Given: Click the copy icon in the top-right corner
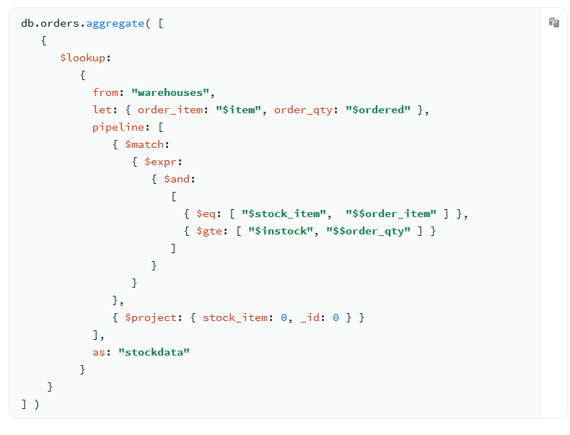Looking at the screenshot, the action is pyautogui.click(x=553, y=22).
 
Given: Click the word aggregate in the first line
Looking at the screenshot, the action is pyautogui.click(x=115, y=23).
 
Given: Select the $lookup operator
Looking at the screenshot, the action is pyautogui.click(x=83, y=58).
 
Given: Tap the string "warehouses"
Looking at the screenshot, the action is pyautogui.click(x=173, y=92).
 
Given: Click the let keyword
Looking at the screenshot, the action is pyautogui.click(x=102, y=110).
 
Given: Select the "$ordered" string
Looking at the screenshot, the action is pyautogui.click(x=378, y=110).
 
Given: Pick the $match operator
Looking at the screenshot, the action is pyautogui.click(x=145, y=144).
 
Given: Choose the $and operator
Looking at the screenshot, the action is pyautogui.click(x=180, y=179).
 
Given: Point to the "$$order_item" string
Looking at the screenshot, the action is pyautogui.click(x=391, y=214).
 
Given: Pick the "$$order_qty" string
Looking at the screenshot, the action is pyautogui.click(x=368, y=231).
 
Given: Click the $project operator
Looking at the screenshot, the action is pyautogui.click(x=151, y=317).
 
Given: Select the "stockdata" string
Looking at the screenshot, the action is pyautogui.click(x=154, y=352).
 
